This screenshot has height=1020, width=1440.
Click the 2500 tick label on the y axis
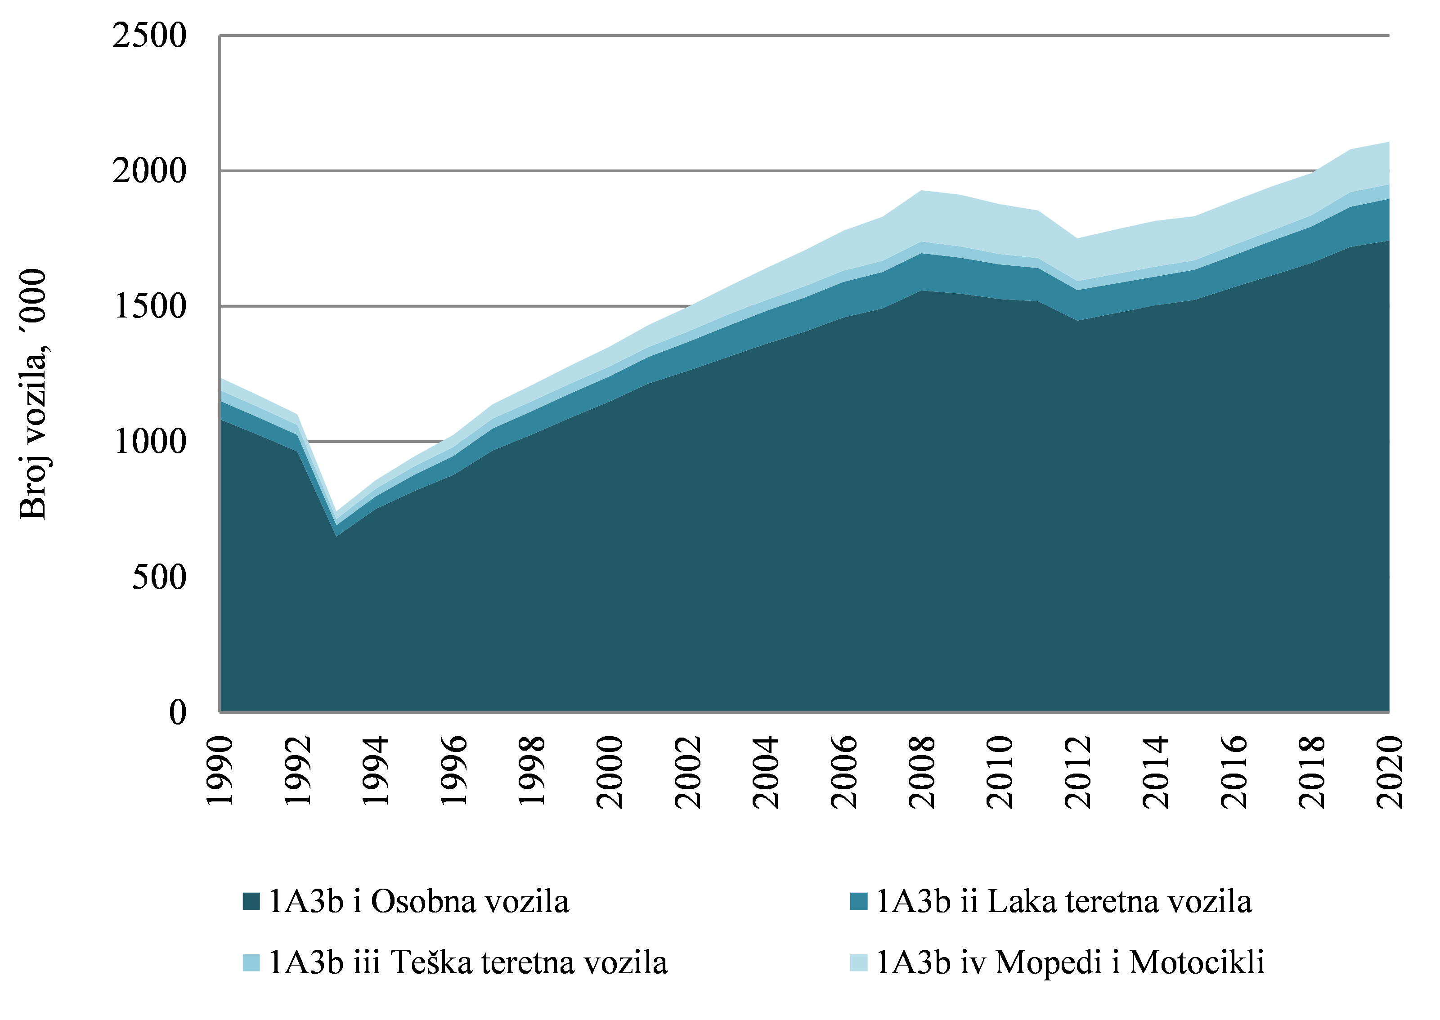pyautogui.click(x=149, y=36)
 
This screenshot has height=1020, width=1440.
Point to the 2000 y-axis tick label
pyautogui.click(x=149, y=171)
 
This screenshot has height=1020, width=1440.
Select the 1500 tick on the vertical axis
pyautogui.click(x=149, y=307)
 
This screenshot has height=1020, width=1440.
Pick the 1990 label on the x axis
pyautogui.click(x=220, y=771)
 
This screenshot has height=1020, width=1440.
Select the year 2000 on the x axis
pyautogui.click(x=610, y=771)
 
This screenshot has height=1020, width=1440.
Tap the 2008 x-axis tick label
pyautogui.click(x=922, y=771)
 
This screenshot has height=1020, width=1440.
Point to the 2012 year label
pyautogui.click(x=1078, y=771)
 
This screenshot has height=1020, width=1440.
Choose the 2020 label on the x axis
pyautogui.click(x=1390, y=771)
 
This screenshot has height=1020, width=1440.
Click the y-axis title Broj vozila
pyautogui.click(x=33, y=394)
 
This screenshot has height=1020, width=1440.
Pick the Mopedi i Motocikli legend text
pyautogui.click(x=1069, y=963)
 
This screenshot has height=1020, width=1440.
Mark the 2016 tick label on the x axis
pyautogui.click(x=1234, y=771)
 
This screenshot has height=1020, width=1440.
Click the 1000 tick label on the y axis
pyautogui.click(x=149, y=442)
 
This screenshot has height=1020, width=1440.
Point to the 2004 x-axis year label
pyautogui.click(x=766, y=771)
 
